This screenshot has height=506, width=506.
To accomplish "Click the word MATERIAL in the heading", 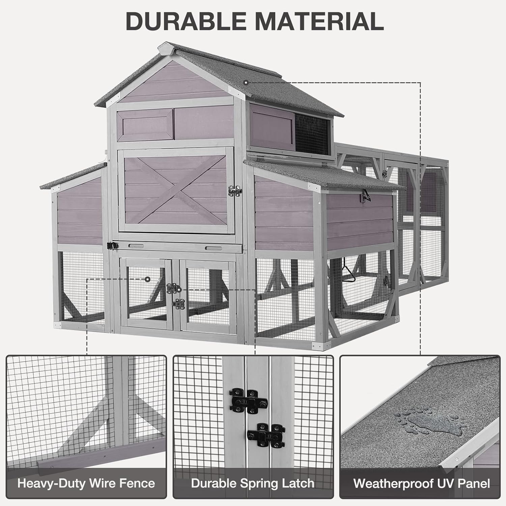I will (319, 21).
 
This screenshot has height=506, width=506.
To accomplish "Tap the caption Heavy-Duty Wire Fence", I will (86, 483).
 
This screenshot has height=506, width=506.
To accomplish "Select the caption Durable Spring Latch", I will (253, 483).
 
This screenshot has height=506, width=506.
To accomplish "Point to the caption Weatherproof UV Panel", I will (421, 483).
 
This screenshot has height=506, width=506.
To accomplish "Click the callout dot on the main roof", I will (246, 82).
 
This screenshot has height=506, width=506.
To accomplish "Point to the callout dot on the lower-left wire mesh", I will (147, 279).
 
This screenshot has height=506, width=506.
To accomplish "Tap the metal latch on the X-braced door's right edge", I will (235, 191).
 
